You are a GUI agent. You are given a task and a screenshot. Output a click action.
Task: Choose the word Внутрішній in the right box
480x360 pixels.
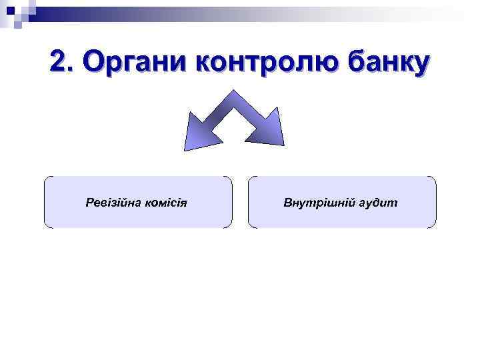pyautogui.click(x=319, y=202)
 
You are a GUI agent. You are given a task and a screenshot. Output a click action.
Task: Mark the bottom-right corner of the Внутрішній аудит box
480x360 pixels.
pyautogui.click(x=435, y=227)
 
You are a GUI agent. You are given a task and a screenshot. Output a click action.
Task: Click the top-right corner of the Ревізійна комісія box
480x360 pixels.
pyautogui.click(x=231, y=177)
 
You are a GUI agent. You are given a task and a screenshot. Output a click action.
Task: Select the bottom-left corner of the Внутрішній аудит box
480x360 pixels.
pyautogui.click(x=249, y=227)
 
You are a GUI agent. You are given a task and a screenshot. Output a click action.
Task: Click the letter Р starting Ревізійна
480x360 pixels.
pyautogui.click(x=89, y=202)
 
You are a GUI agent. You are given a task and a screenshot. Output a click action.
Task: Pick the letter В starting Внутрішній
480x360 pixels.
pyautogui.click(x=287, y=202)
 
